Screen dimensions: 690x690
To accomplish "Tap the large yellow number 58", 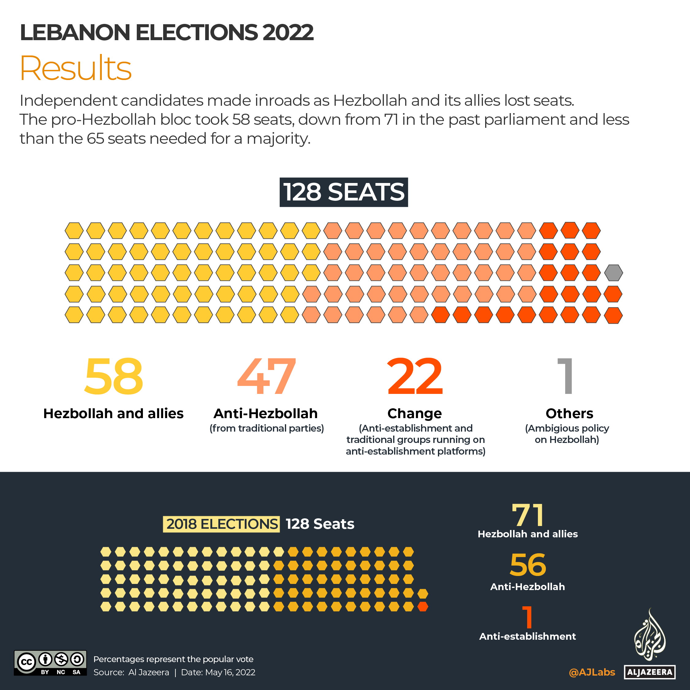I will point(114,377).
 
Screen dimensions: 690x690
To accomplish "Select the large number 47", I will point(266,377).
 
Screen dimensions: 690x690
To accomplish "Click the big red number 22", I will point(415,377).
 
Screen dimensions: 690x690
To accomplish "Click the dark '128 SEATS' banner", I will point(343,192).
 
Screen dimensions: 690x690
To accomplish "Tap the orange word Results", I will point(76,68).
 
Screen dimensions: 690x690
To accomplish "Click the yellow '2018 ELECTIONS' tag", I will point(221,524).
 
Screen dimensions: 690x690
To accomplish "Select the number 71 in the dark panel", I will point(528,515).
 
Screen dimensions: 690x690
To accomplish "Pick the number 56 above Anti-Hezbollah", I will point(528,565).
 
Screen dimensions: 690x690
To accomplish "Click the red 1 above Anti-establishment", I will point(528,617).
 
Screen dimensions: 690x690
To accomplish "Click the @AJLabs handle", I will point(592,673).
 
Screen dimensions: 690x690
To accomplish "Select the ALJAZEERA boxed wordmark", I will point(650,672).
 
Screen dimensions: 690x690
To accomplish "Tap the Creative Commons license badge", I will point(50,663).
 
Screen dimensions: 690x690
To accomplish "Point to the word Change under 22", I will point(415,414).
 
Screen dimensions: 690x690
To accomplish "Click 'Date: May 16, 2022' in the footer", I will point(218,673).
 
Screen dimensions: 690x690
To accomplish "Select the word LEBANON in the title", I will point(75,32).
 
